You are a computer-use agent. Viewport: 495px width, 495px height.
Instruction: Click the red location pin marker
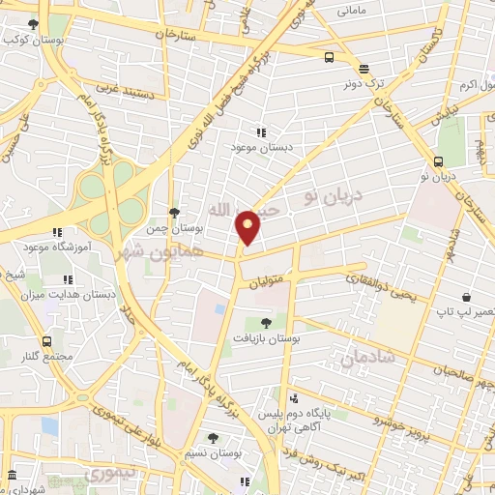pyautogui.click(x=248, y=226)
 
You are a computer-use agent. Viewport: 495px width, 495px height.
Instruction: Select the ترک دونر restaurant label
pyautogui.click(x=364, y=83)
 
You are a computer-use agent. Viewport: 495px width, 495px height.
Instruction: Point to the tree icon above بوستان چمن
pyautogui.click(x=173, y=213)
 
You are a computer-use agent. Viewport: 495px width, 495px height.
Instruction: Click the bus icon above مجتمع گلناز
pyautogui.click(x=47, y=341)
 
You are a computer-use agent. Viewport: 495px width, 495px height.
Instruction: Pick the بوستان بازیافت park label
pyautogui.click(x=266, y=339)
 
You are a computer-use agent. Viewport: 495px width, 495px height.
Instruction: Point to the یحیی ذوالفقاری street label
pyautogui.click(x=382, y=288)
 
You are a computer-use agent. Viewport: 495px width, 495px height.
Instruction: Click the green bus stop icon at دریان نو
pyautogui.click(x=443, y=161)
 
